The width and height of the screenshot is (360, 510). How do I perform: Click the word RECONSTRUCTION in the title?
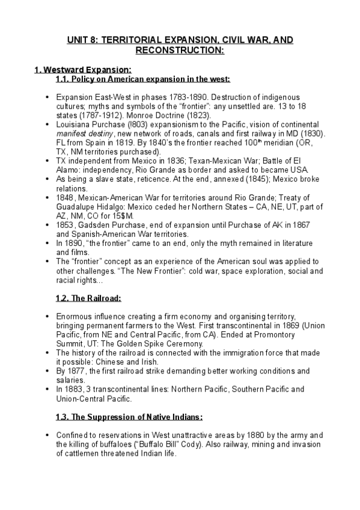pyautogui.click(x=179, y=51)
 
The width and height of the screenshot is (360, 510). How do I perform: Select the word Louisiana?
pyautogui.click(x=73, y=123)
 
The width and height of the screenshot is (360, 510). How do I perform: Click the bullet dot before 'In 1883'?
pyautogui.click(x=48, y=389)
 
